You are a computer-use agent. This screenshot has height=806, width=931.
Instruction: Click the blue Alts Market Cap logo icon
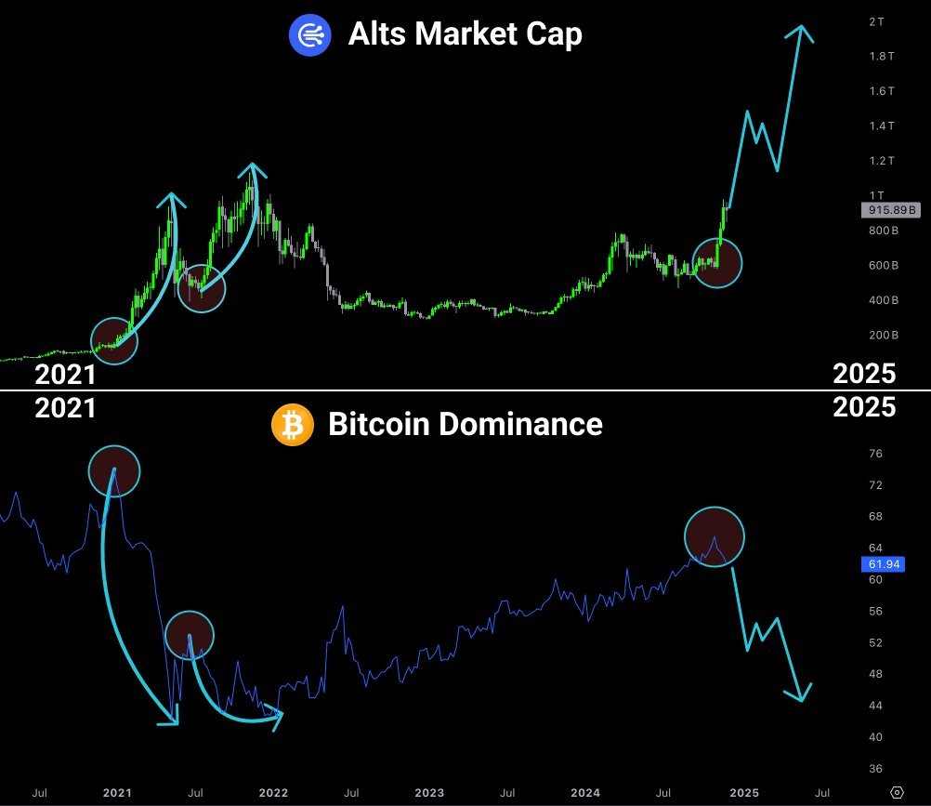(310, 34)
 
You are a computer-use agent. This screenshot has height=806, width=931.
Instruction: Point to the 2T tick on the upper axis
(875, 21)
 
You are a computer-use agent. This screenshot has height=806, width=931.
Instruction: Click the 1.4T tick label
(878, 126)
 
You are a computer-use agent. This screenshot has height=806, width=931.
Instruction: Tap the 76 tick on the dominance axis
(875, 454)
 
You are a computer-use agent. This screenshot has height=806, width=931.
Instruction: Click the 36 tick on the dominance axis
(875, 769)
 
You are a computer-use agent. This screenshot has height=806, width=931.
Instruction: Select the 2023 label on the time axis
(429, 793)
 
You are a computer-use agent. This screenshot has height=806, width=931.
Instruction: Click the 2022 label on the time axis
(273, 793)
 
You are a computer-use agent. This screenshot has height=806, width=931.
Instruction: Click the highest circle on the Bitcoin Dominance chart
(114, 470)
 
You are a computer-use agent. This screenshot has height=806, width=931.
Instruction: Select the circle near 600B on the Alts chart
(717, 262)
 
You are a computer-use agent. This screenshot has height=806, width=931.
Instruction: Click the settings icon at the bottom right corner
(897, 792)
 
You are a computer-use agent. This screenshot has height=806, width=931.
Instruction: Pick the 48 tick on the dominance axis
(875, 674)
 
